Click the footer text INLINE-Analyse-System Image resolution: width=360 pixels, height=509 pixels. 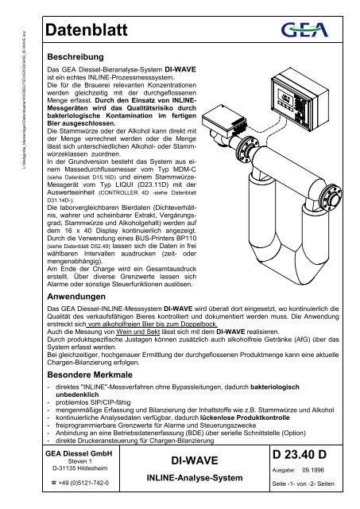click(x=190, y=477)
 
